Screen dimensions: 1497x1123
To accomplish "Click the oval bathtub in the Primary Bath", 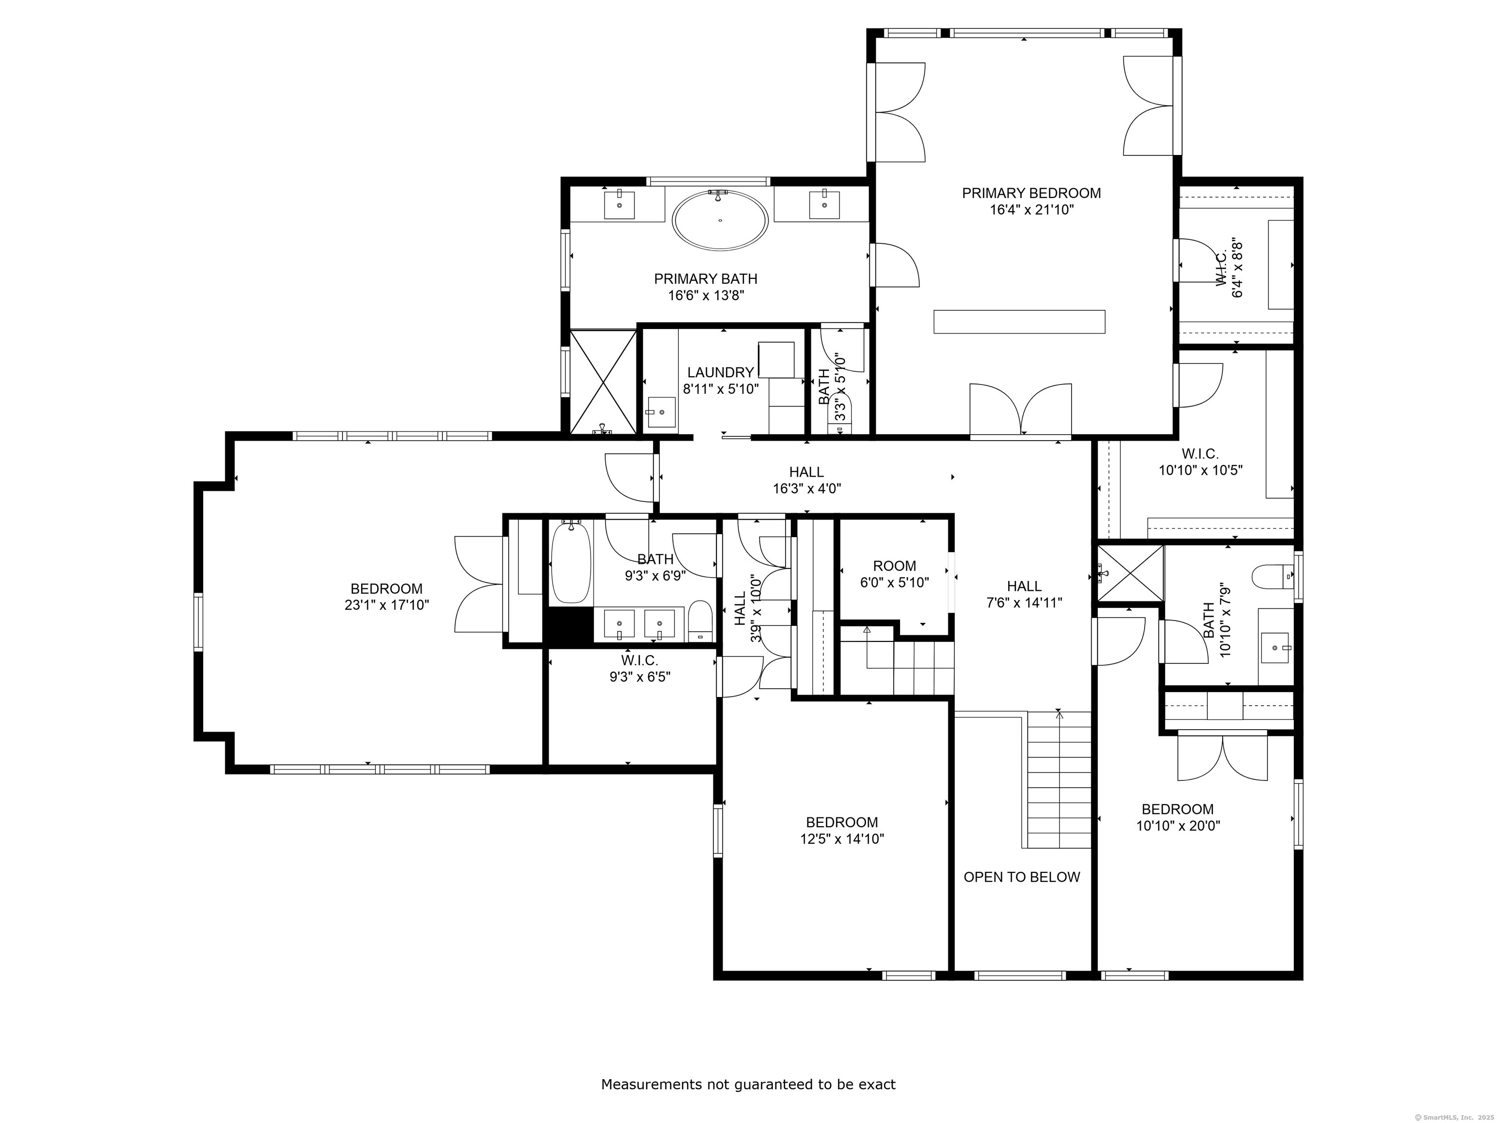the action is pyautogui.click(x=720, y=220).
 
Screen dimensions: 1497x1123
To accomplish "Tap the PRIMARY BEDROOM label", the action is pyautogui.click(x=1032, y=194).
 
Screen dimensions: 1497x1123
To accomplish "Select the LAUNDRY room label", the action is pyautogui.click(x=720, y=372).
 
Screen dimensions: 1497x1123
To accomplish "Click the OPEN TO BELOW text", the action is pyautogui.click(x=1022, y=877).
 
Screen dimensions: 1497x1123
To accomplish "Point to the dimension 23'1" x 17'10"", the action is pyautogui.click(x=386, y=605).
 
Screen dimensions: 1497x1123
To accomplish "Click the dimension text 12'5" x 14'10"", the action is pyautogui.click(x=842, y=839).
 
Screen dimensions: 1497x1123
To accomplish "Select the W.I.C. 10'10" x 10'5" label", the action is pyautogui.click(x=1201, y=462).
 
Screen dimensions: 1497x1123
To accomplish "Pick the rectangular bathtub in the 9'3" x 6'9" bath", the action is pyautogui.click(x=571, y=562).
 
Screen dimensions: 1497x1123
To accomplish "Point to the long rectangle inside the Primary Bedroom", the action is pyautogui.click(x=1019, y=322).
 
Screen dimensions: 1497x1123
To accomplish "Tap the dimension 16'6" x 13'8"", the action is pyautogui.click(x=706, y=296).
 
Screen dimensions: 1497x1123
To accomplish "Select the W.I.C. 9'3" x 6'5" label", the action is pyautogui.click(x=639, y=668).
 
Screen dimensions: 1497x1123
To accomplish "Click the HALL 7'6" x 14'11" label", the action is pyautogui.click(x=1024, y=594).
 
